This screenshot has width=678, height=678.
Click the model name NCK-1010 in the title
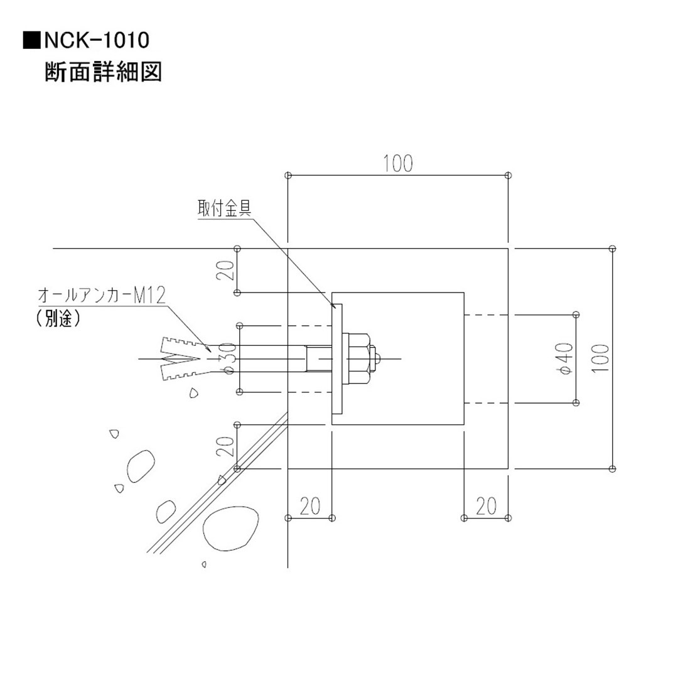pos(96,41)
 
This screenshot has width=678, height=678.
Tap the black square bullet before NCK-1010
pos(31,41)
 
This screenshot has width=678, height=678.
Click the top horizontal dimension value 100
pos(398,163)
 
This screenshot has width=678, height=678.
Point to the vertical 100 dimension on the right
pos(601,358)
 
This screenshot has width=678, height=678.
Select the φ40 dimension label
pos(564,358)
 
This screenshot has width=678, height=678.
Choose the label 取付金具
pos(224,208)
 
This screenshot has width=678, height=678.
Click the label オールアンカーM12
pos(101,295)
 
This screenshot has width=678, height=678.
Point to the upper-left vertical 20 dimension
pos(228,271)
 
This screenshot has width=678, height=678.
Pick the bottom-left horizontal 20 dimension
pos(309,506)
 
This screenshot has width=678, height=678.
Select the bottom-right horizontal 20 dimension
pos(485,506)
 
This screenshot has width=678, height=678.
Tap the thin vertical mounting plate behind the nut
pos(337,358)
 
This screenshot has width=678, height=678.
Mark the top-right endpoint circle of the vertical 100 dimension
pos(613,249)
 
